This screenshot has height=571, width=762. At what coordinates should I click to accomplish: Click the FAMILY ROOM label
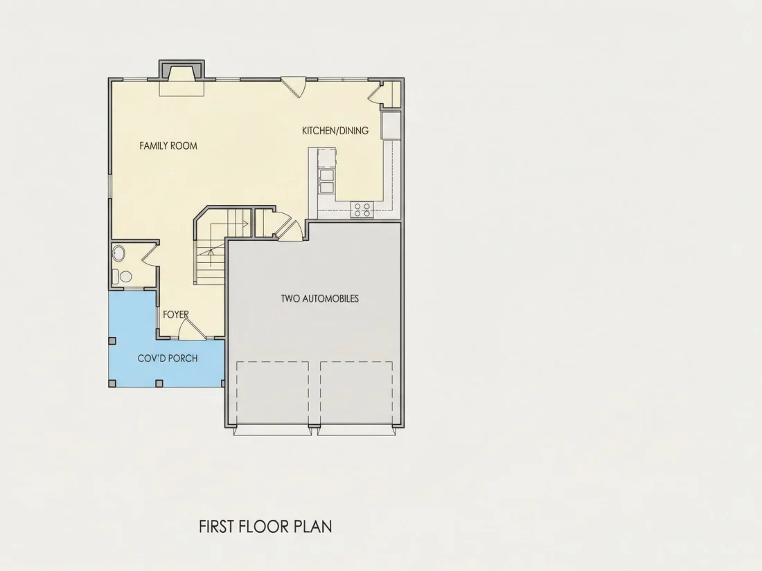click(168, 145)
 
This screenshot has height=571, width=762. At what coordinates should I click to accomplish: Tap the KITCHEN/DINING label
click(335, 131)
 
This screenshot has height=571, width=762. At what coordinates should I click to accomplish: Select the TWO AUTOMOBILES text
click(320, 298)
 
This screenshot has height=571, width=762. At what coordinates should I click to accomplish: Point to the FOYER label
click(175, 315)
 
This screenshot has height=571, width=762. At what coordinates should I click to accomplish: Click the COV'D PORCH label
click(168, 359)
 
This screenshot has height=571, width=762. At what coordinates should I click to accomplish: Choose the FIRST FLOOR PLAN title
click(265, 527)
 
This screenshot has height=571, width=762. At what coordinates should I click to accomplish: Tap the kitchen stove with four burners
click(362, 209)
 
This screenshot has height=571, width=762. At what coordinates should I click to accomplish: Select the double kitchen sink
click(326, 181)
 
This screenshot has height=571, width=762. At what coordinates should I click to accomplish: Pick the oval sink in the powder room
click(118, 253)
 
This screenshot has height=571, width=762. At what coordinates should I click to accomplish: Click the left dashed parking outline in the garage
click(273, 392)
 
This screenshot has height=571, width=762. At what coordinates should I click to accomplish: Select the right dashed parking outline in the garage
click(356, 392)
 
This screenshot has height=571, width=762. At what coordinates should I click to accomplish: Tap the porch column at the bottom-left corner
click(112, 383)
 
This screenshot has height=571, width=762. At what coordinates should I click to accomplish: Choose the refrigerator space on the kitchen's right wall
click(391, 126)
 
